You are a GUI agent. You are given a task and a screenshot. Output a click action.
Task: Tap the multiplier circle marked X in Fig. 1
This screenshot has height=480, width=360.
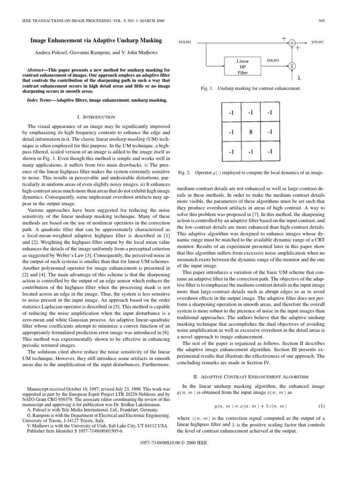[292, 66]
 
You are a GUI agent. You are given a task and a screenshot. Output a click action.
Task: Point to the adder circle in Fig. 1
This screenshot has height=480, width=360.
[292, 43]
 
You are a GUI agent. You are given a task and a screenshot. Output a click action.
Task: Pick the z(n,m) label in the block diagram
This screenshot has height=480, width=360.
[273, 60]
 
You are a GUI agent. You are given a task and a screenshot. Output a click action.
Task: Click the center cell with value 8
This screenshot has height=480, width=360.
[250, 132]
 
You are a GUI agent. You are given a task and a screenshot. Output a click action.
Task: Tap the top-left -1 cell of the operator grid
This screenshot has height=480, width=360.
[231, 113]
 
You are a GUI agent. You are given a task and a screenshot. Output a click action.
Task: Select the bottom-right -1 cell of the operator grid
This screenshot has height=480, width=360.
[269, 152]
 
